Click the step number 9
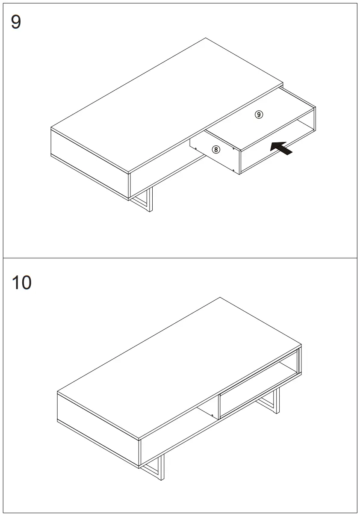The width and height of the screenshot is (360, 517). (x=16, y=22)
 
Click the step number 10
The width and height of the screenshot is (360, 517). (x=21, y=283)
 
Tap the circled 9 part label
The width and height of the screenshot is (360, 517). (x=259, y=114)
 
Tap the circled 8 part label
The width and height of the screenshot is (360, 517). (x=216, y=149)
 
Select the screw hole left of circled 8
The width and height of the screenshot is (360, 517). (x=195, y=149)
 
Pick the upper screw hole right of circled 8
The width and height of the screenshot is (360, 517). (x=233, y=149)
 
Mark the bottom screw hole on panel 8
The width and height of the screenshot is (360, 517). (x=233, y=170)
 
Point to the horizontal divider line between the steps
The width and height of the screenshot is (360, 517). (x=180, y=258)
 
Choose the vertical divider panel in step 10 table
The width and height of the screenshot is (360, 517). (x=219, y=407)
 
